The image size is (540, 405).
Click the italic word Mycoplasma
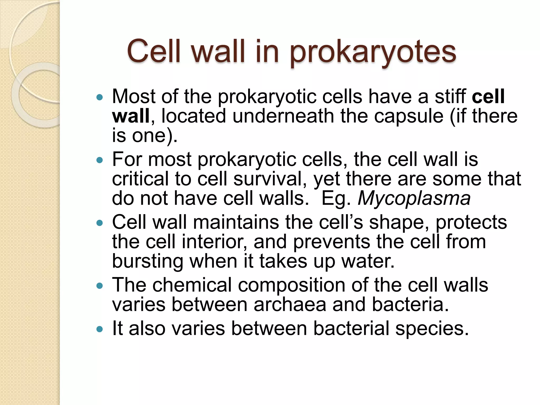414,198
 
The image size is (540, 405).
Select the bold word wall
131,116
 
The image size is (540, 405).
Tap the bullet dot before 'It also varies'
99,329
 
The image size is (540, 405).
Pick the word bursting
147,261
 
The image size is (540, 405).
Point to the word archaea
290,305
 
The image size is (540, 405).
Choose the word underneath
283,116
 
